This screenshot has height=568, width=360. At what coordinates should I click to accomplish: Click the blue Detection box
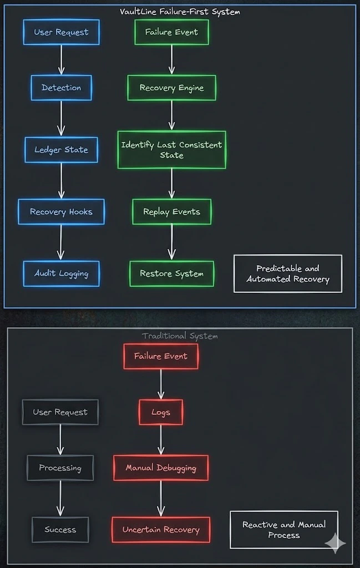coord(61,88)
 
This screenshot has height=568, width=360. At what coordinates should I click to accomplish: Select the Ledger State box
coord(61,150)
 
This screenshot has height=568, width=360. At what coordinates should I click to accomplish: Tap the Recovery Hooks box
coord(61,212)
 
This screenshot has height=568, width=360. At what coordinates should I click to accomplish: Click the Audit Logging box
coord(61,273)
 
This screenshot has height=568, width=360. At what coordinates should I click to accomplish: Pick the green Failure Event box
coord(171,32)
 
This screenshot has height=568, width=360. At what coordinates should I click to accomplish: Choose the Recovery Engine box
coord(171,88)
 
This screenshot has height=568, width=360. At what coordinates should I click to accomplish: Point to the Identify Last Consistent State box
coord(171,150)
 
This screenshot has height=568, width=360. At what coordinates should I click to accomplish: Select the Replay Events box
coord(171,211)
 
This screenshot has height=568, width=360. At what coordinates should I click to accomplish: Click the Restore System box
coord(171,273)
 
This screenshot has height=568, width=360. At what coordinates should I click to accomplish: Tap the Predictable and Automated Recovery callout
coord(288,273)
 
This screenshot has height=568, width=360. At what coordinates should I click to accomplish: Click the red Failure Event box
coord(161,356)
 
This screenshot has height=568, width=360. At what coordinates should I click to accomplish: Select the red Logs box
coord(161,412)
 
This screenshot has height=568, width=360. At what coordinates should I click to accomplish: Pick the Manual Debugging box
coord(161,468)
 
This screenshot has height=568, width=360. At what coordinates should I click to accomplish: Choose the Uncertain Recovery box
coord(161,530)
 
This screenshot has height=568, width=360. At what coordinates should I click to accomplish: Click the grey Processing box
coord(60,468)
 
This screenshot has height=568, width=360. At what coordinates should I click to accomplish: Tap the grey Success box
coord(60,530)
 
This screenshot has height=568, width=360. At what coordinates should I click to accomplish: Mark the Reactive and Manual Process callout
coord(284,530)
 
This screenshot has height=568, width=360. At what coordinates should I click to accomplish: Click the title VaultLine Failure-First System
coord(180,11)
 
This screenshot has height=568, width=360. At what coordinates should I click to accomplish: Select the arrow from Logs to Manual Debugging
coord(161,440)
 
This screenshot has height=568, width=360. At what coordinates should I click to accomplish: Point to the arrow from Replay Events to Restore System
coord(171,242)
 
